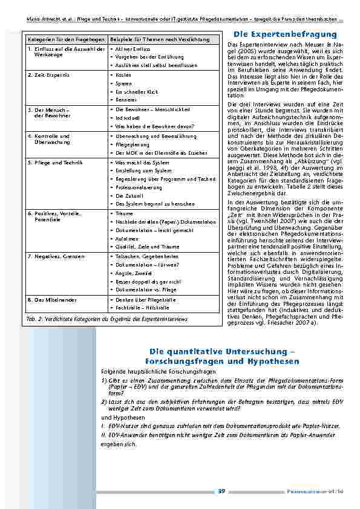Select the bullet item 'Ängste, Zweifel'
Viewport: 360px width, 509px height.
tap(134, 273)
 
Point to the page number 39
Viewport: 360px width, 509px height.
tap(221, 491)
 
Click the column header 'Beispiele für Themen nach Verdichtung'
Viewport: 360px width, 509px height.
tap(160, 39)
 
